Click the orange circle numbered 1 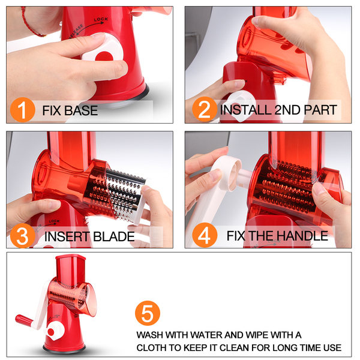click(x=23, y=110)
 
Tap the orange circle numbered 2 click(x=205, y=109)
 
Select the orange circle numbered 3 click(x=23, y=236)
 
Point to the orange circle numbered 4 click(x=205, y=235)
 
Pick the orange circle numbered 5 click(x=148, y=313)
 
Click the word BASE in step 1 click(x=81, y=110)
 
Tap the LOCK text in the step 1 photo click(x=101, y=20)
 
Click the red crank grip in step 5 click(x=24, y=320)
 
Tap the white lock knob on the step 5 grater click(x=54, y=331)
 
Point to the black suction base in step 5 click(x=64, y=349)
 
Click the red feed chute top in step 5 click(x=71, y=257)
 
